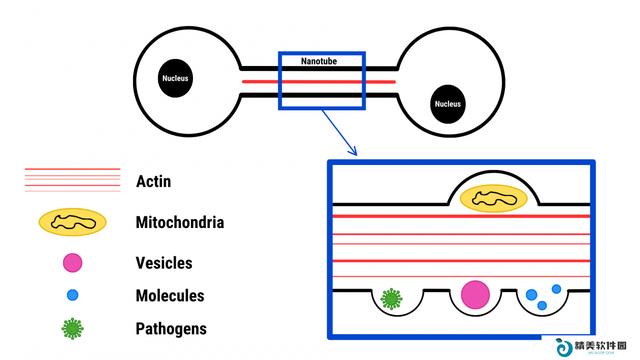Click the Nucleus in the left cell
coord(175,78)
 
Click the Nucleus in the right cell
coord(448,104)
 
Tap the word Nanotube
coord(319,61)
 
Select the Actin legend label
coord(154,181)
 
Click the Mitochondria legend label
coord(180,222)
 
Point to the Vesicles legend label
coord(164,263)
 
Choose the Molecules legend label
coord(170,295)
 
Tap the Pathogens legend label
coord(171,328)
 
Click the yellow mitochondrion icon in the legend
coord(72,222)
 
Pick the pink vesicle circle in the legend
coord(72,263)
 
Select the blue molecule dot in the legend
coord(72,295)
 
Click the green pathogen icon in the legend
coord(72,328)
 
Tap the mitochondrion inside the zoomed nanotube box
coord(494,198)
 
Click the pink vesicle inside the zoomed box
coord(476,295)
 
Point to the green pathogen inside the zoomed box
coord(391,299)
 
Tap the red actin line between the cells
coord(319,82)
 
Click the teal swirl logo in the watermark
coord(563,347)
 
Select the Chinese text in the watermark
coord(600,345)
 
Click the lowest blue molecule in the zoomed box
coord(542,305)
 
